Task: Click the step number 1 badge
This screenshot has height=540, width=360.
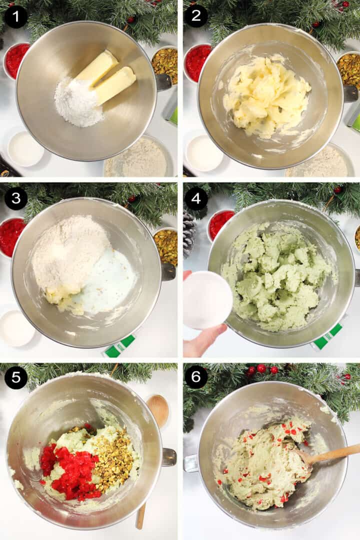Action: pyautogui.click(x=16, y=16)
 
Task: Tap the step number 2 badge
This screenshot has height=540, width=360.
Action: pyautogui.click(x=196, y=16)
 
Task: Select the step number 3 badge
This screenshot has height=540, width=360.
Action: pyautogui.click(x=16, y=198)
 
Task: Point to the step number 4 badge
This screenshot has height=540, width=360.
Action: pyautogui.click(x=196, y=198)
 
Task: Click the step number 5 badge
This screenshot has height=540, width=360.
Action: pyautogui.click(x=16, y=378)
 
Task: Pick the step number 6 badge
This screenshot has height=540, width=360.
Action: pyautogui.click(x=196, y=377)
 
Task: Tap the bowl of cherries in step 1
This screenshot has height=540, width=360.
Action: pyautogui.click(x=15, y=60)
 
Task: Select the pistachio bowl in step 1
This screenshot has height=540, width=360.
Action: pyautogui.click(x=164, y=65)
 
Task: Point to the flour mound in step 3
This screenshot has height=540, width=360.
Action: pyautogui.click(x=69, y=255)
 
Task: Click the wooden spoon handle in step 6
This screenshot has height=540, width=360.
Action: pyautogui.click(x=330, y=454)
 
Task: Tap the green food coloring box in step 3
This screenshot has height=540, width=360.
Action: pyautogui.click(x=119, y=345)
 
